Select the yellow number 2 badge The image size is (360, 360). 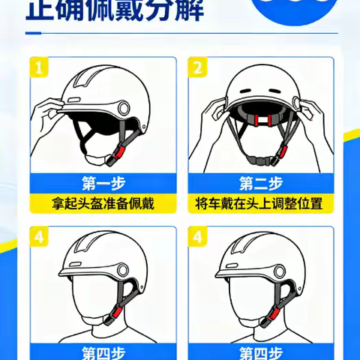199,68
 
